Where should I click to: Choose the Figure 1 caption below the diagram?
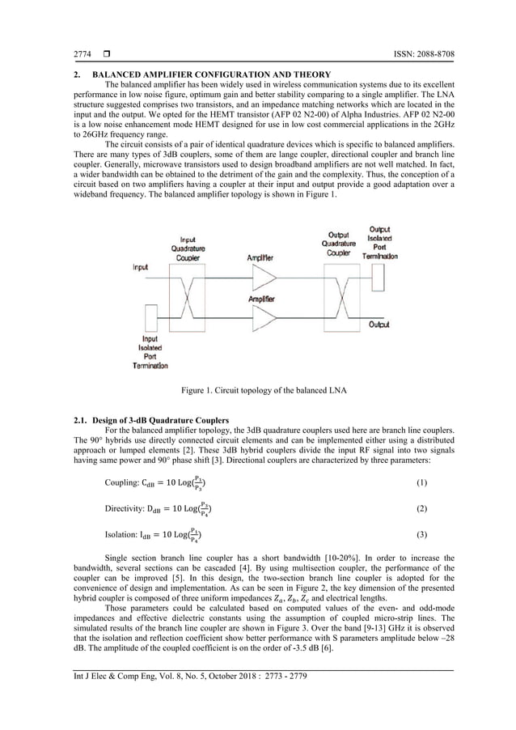pyautogui.click(x=258, y=392)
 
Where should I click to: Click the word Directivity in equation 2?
pyautogui.click(x=125, y=509)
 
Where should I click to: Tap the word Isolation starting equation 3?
pyautogui.click(x=121, y=535)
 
